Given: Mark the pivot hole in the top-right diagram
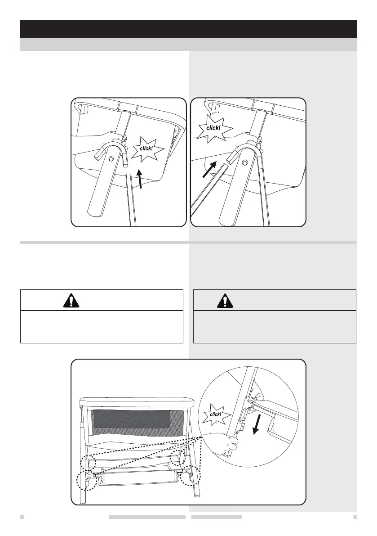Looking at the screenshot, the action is coord(245,162).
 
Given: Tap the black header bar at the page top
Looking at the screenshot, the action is coord(188,29).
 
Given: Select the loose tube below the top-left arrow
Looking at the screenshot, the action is coord(130,198).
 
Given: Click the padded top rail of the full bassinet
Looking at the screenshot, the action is coord(138,403).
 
